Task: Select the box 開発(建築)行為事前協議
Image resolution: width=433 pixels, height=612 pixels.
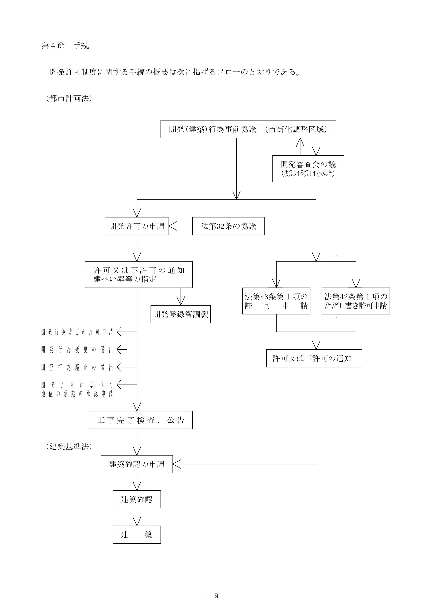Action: tap(248, 129)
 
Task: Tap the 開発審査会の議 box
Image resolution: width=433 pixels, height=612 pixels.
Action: tap(308, 169)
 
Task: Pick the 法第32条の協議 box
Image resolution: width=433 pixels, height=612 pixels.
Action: tap(228, 226)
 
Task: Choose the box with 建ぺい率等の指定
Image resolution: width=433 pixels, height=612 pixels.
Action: tap(139, 275)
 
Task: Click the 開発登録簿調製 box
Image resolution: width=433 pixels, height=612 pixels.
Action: tap(181, 314)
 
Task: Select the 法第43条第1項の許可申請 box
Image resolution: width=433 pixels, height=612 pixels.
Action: tap(276, 301)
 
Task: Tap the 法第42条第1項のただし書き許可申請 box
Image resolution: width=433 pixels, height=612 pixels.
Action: tap(356, 301)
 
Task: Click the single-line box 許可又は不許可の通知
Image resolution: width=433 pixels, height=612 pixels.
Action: tap(314, 358)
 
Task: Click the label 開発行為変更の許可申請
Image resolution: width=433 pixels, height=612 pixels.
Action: tap(77, 332)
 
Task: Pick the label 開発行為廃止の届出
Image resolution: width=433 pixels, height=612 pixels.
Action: tap(77, 367)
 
